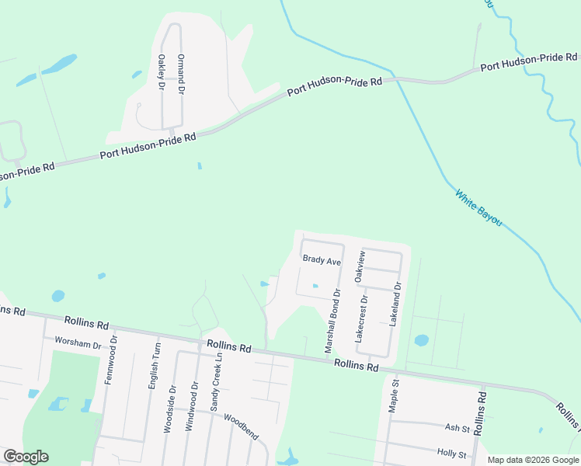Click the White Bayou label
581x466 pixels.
(x=478, y=208)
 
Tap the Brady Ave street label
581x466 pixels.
(x=322, y=262)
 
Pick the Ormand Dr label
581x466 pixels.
(x=181, y=74)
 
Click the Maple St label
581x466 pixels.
(x=395, y=395)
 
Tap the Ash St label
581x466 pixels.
(x=453, y=428)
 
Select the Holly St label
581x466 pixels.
(x=450, y=454)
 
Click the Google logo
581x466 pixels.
(x=26, y=457)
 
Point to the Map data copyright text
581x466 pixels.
(x=532, y=460)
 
